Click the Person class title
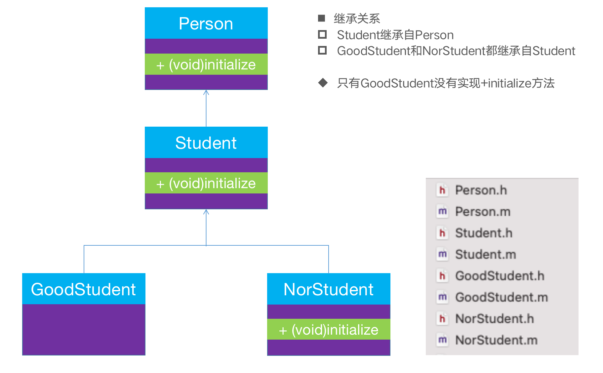(206, 24)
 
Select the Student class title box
(206, 143)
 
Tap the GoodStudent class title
(83, 289)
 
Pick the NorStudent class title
(329, 289)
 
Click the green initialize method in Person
(206, 64)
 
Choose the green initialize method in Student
(206, 183)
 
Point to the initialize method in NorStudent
(329, 330)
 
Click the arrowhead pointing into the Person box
(206, 92)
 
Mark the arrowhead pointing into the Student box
(206, 212)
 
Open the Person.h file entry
(481, 190)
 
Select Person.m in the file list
(483, 212)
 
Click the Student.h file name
(484, 233)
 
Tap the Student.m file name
(485, 254)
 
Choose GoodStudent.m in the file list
(501, 297)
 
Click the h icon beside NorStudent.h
(442, 319)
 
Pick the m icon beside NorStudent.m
(442, 340)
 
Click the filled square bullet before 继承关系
(321, 18)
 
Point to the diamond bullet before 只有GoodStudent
(323, 83)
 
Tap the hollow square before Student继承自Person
(322, 34)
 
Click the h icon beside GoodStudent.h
(442, 276)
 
